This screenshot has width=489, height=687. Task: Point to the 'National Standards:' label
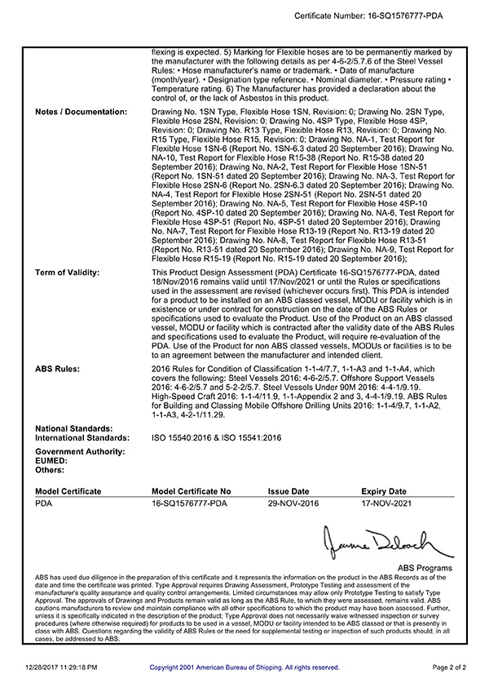tap(74, 428)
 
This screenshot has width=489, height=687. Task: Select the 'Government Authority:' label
tap(80, 451)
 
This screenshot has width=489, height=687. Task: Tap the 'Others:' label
tap(50, 470)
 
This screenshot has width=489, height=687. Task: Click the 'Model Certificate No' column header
tap(192, 492)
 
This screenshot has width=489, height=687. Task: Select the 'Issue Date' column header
tap(289, 492)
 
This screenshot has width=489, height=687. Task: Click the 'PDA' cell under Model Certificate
tap(44, 504)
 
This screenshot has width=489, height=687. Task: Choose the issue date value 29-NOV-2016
tap(293, 504)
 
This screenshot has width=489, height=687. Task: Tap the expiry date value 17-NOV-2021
tap(387, 504)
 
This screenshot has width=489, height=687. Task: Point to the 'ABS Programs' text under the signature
tap(425, 568)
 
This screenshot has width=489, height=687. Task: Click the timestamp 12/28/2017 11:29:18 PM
tap(61, 667)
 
